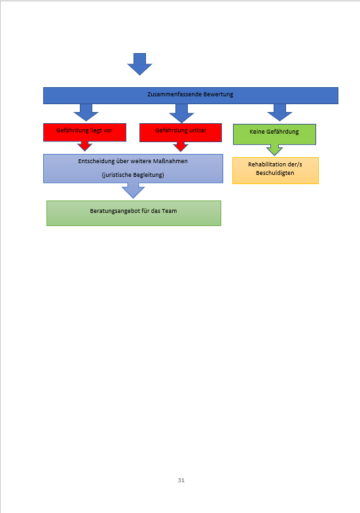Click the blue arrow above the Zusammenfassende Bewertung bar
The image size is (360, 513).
(x=139, y=64)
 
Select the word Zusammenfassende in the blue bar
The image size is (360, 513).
(x=174, y=94)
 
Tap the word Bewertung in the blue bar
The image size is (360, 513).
(x=218, y=94)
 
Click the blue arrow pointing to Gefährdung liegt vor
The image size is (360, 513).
(x=86, y=113)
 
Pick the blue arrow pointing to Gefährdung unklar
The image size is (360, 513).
(x=181, y=113)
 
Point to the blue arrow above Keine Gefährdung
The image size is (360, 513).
(x=279, y=113)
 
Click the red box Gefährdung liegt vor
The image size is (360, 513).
(x=84, y=132)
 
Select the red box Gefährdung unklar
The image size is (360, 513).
(x=181, y=132)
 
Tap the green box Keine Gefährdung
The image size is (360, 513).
(x=274, y=134)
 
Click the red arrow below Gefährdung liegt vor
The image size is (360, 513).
(x=84, y=146)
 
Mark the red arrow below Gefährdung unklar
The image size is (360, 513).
(x=181, y=147)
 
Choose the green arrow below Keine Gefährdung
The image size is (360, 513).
(x=274, y=150)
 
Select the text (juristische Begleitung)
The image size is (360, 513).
(x=133, y=175)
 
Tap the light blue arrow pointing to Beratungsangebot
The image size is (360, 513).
(x=133, y=191)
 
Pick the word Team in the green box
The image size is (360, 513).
(x=170, y=211)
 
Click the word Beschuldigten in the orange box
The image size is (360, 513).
(x=275, y=173)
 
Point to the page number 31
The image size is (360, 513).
(x=181, y=480)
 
